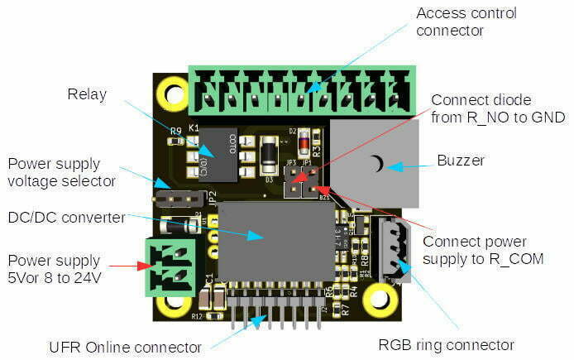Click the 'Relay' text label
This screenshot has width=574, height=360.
click(x=87, y=94)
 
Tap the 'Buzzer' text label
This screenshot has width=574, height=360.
click(x=461, y=161)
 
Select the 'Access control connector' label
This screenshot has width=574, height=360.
click(x=466, y=22)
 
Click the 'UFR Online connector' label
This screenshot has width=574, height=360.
click(x=125, y=348)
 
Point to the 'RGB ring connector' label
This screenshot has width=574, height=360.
click(x=447, y=345)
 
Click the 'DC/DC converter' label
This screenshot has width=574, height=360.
click(x=67, y=218)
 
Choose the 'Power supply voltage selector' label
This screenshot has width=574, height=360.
click(x=61, y=172)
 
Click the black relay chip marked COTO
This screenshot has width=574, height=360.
click(x=218, y=155)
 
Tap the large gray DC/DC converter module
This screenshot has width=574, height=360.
click(x=277, y=241)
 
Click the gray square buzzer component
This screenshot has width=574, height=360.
click(x=375, y=163)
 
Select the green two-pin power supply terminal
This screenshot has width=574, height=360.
click(x=170, y=267)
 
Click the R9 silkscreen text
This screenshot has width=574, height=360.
click(x=176, y=131)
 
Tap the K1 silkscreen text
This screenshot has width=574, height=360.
click(x=194, y=128)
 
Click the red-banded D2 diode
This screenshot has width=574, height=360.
click(x=304, y=142)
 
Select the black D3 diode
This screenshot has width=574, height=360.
click(x=269, y=155)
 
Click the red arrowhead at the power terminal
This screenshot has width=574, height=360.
click(x=144, y=266)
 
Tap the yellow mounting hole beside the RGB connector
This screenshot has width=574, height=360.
click(x=380, y=299)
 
